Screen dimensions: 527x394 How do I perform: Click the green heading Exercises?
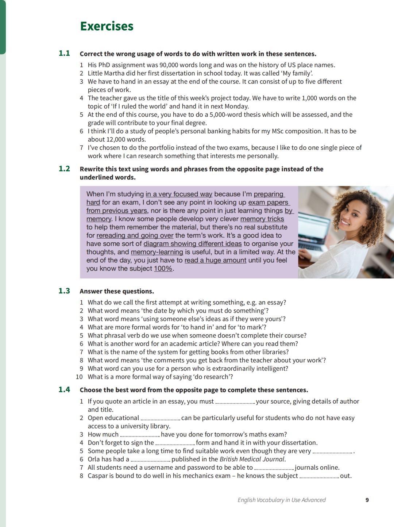(107, 26)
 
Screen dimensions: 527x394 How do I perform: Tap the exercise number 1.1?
(64, 53)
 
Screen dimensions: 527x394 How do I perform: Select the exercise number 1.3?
(64, 291)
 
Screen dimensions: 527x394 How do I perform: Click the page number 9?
(367, 500)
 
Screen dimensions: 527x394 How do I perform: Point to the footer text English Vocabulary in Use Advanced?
(281, 500)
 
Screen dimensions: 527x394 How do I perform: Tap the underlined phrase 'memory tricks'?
(262, 219)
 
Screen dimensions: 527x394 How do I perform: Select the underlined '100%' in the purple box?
(163, 269)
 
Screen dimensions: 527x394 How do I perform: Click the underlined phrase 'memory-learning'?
(157, 252)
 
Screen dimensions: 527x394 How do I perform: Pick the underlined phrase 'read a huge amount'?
(215, 260)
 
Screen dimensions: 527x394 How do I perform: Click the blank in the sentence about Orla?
(150, 459)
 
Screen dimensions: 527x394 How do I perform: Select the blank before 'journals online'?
(274, 468)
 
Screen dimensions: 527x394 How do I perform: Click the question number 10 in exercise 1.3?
(79, 377)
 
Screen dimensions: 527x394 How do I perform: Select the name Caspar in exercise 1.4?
(98, 476)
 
